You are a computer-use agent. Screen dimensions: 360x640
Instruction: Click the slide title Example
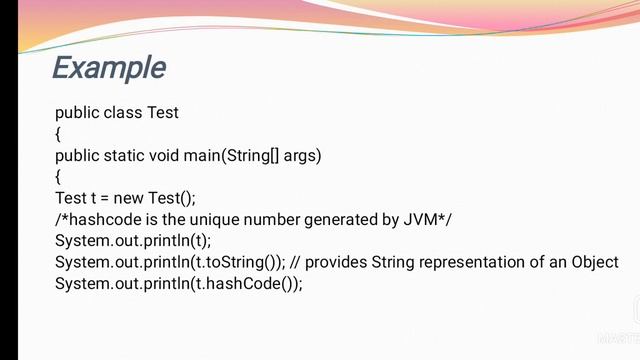tap(108, 68)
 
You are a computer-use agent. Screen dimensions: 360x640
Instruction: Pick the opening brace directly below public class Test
tap(58, 134)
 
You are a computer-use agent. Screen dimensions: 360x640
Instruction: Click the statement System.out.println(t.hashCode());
tap(178, 284)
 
